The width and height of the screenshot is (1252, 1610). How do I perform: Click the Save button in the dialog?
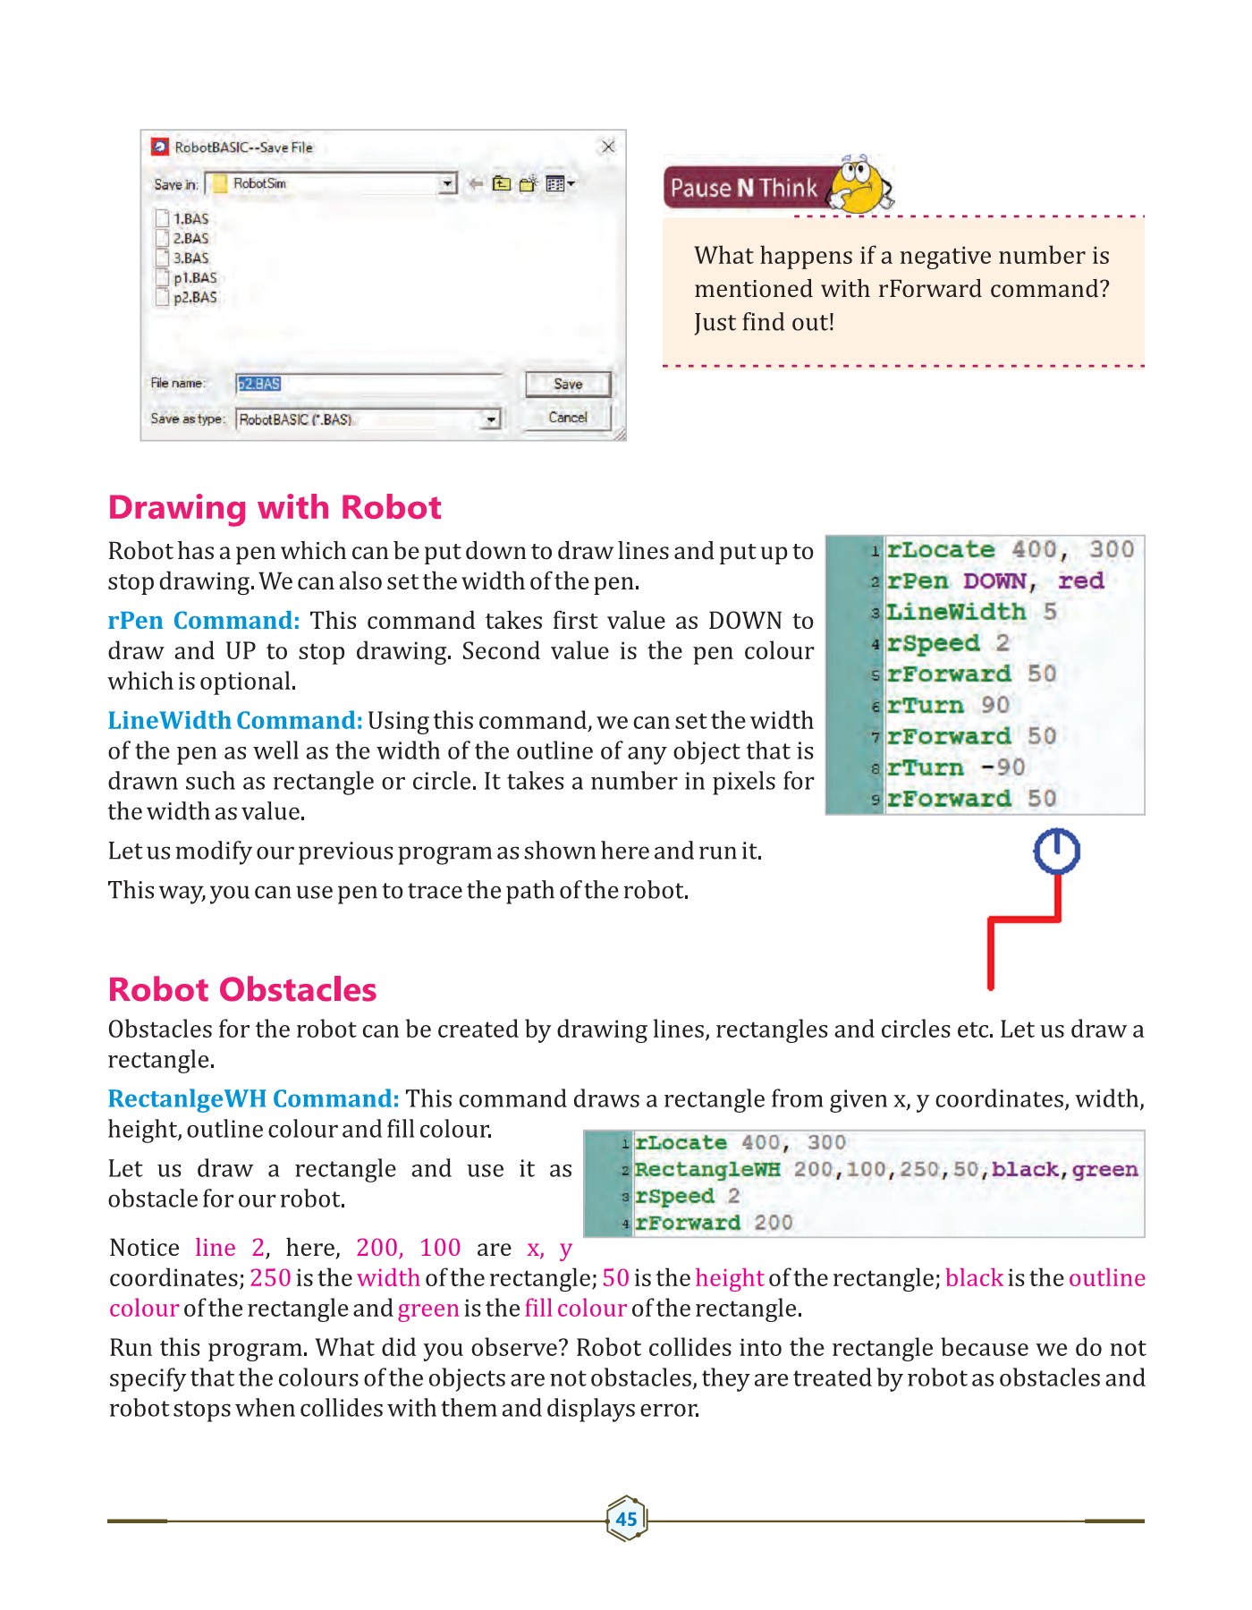(568, 384)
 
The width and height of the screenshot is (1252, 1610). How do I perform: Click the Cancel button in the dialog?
(568, 418)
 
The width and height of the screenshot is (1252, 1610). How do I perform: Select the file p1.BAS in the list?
(193, 278)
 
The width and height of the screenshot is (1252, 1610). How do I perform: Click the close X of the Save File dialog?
(608, 147)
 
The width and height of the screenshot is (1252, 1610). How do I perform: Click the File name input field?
(367, 384)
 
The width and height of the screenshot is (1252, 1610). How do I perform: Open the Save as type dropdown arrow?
(491, 419)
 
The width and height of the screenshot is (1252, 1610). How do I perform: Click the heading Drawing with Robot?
(275, 507)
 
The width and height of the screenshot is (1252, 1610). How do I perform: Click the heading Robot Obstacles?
(242, 989)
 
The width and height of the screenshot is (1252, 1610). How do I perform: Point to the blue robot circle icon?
(1056, 851)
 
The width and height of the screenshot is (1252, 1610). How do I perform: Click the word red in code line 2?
(1080, 581)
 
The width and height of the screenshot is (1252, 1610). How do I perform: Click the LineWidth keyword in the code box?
(956, 612)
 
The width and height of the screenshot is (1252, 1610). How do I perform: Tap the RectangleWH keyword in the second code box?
(707, 1170)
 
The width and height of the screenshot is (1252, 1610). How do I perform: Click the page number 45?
(626, 1519)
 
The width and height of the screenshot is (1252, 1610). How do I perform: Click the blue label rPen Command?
(204, 621)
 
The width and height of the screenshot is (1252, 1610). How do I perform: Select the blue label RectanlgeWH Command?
(253, 1098)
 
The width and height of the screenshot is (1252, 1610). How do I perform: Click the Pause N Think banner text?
(743, 188)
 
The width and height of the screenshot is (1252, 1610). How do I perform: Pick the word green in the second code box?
(1104, 1170)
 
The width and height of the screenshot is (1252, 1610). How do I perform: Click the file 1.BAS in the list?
(190, 219)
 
